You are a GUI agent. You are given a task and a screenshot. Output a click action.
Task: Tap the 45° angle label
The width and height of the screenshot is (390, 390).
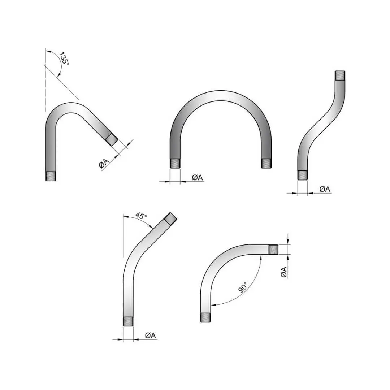[x=141, y=216]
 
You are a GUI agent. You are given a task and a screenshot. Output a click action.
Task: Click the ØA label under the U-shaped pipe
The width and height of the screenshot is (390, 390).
[x=198, y=178]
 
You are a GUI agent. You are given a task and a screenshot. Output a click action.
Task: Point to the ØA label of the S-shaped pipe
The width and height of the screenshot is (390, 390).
[x=325, y=189]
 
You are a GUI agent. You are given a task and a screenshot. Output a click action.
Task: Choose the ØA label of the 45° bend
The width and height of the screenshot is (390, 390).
[x=151, y=335]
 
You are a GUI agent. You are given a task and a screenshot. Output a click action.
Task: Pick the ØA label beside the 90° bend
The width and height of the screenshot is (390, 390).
[x=284, y=272]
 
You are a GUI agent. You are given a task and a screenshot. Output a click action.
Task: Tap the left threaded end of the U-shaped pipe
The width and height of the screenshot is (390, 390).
[x=175, y=164]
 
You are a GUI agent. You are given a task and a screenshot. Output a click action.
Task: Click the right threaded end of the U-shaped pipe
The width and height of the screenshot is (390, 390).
[x=266, y=164]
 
